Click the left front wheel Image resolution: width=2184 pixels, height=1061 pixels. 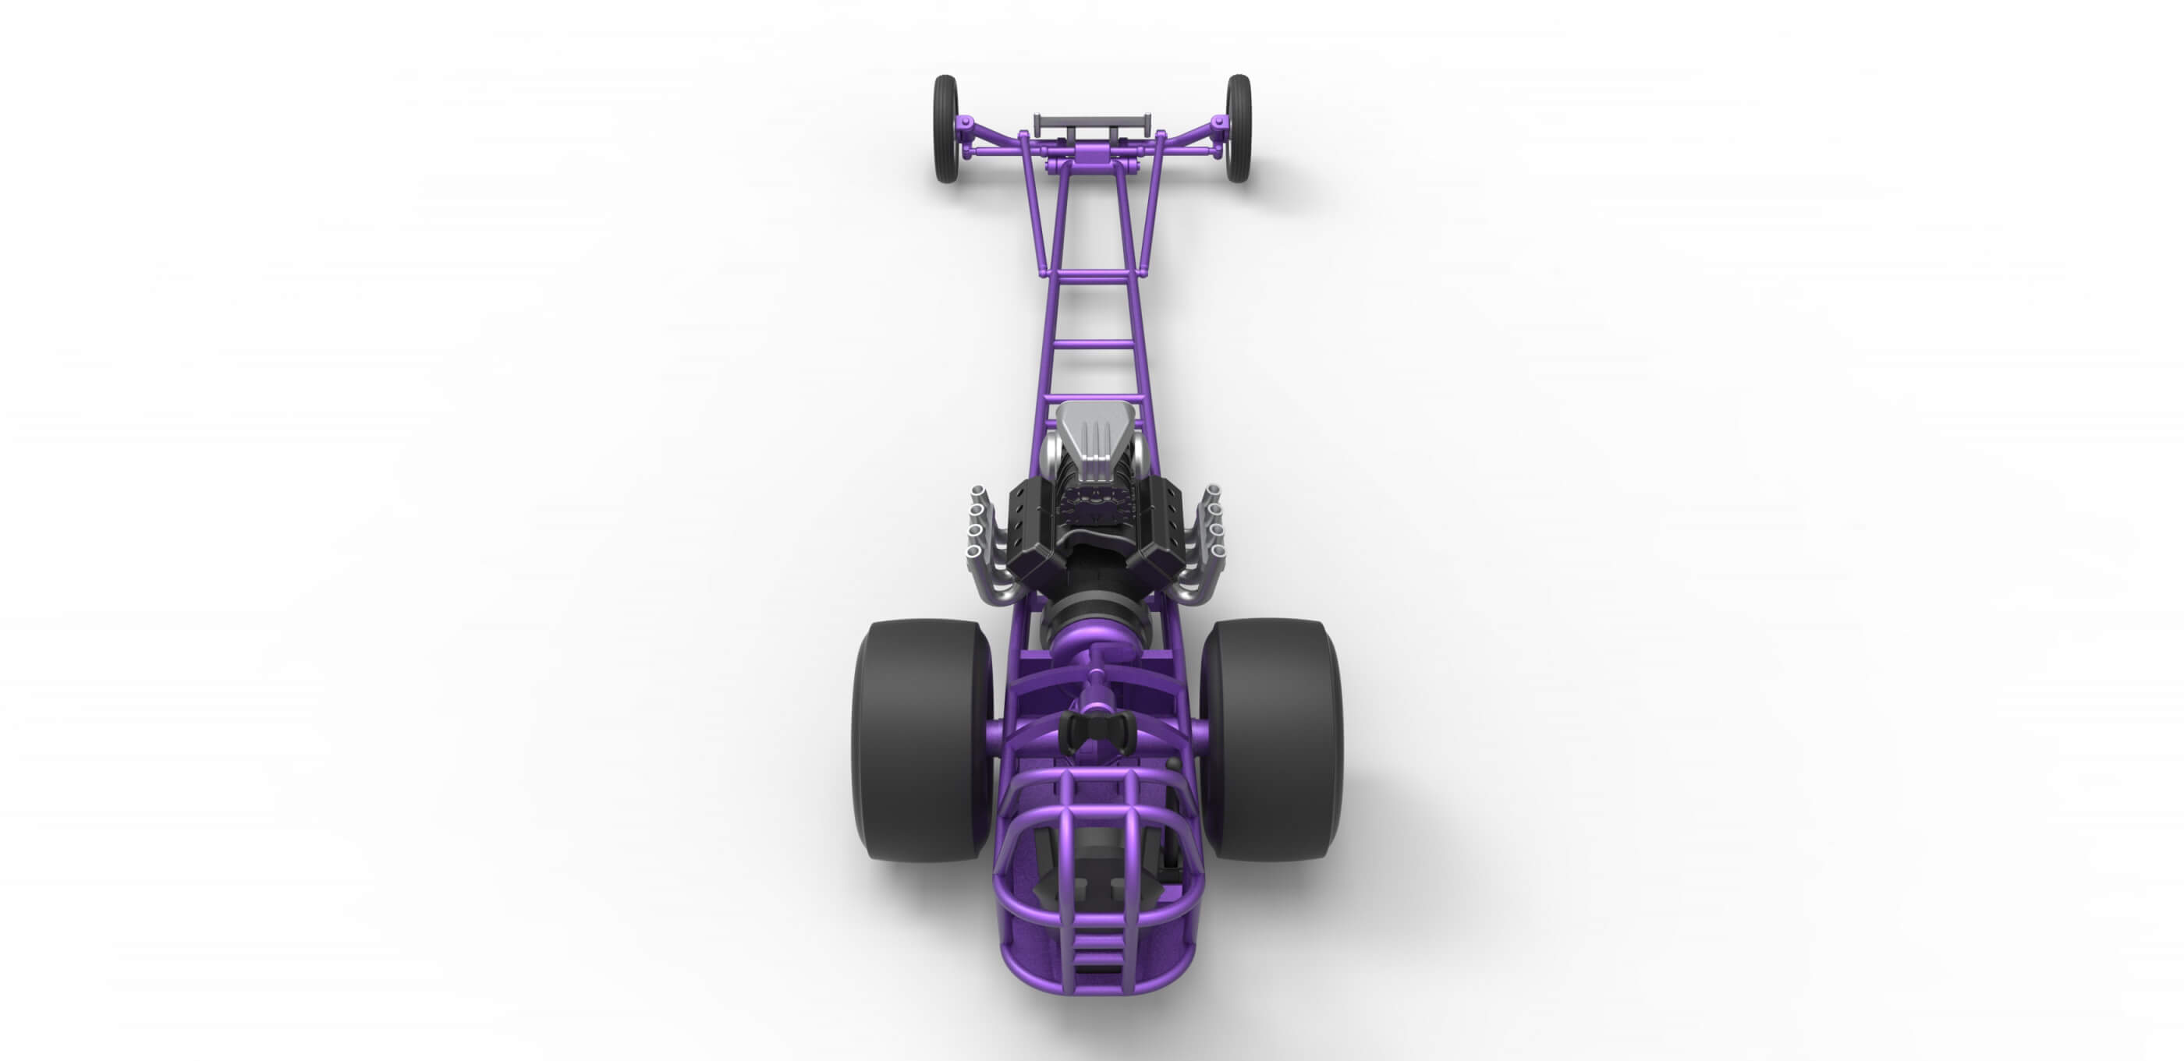945,129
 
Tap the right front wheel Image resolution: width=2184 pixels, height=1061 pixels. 1238,129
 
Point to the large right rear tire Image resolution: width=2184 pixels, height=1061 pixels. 1271,740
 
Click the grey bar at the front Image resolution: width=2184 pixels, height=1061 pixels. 1092,120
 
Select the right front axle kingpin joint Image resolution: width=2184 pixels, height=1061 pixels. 1218,136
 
